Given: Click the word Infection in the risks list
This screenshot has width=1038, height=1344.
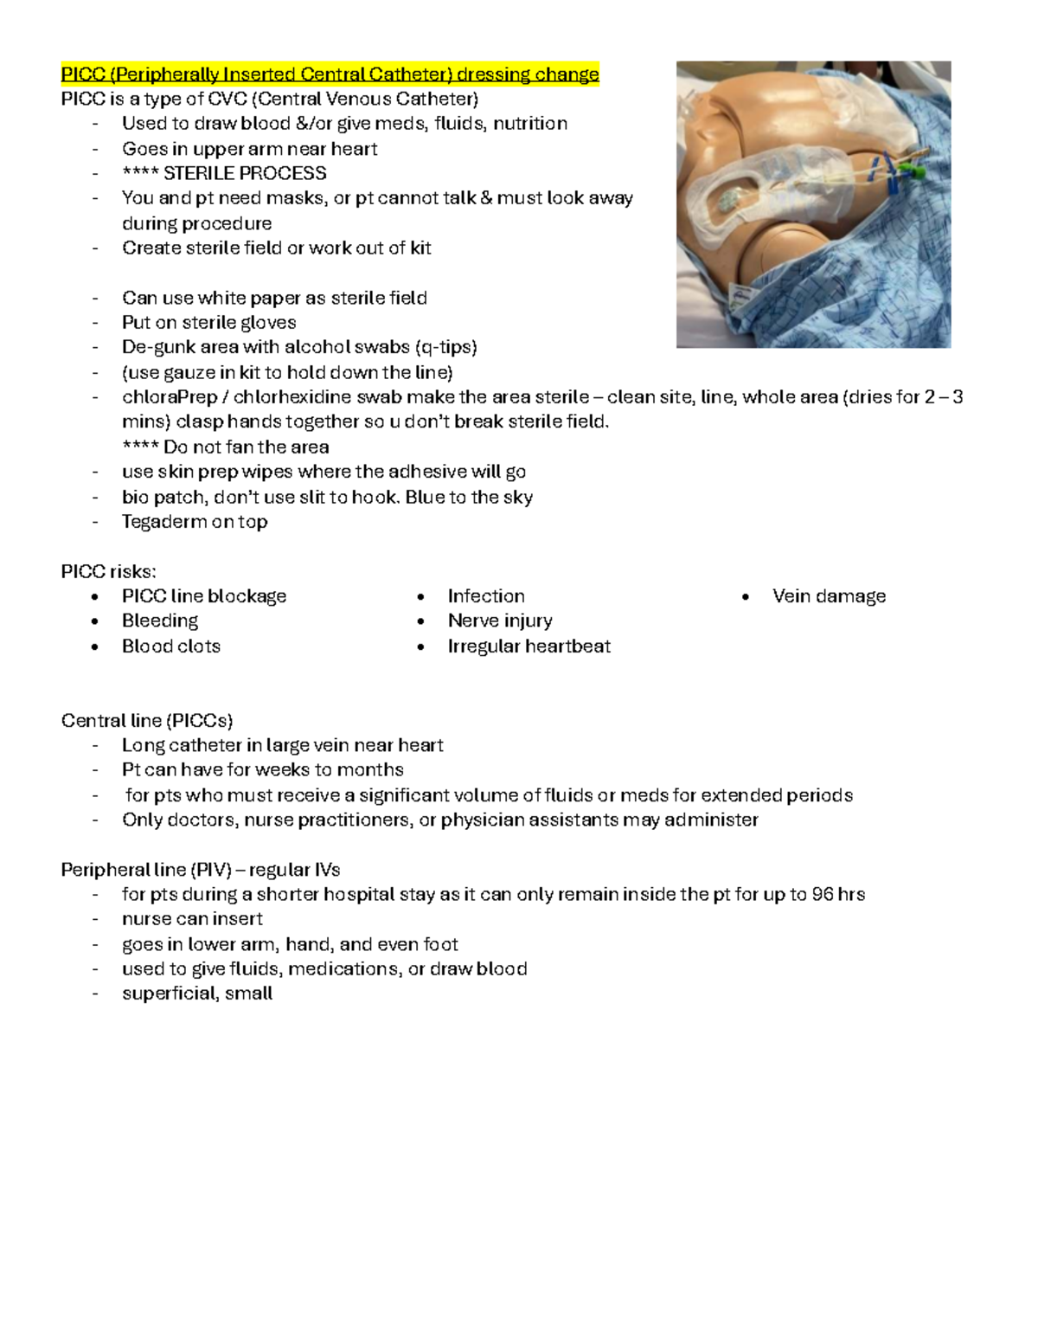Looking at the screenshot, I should click(486, 596).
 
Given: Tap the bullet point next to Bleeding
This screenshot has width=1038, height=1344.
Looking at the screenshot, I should click(95, 621).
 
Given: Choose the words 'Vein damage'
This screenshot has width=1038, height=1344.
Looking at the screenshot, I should click(829, 596).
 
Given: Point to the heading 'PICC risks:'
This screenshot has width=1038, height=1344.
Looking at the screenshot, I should click(108, 571).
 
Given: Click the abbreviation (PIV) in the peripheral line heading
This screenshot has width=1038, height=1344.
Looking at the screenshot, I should click(204, 870).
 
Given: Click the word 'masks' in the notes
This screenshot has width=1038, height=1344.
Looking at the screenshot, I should click(293, 198).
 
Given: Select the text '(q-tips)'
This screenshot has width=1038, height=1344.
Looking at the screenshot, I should click(445, 347).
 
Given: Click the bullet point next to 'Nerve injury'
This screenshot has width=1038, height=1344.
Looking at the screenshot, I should click(420, 621).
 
